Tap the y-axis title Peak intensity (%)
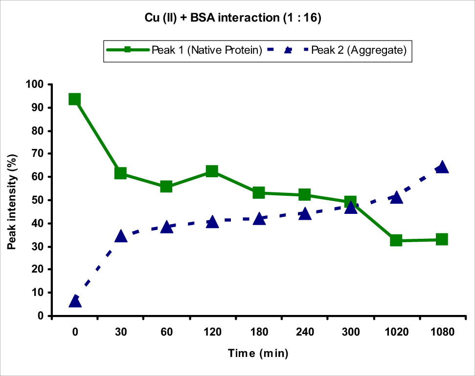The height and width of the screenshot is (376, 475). pyautogui.click(x=11, y=200)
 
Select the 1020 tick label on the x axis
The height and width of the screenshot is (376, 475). pyautogui.click(x=396, y=332)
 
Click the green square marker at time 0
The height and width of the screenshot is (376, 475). pyautogui.click(x=74, y=100)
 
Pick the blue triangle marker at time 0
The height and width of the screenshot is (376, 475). pyautogui.click(x=75, y=301)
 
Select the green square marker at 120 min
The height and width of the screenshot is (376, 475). pyautogui.click(x=212, y=171)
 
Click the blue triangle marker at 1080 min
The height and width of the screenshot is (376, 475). pyautogui.click(x=442, y=167)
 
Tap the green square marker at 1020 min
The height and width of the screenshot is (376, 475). pyautogui.click(x=396, y=240)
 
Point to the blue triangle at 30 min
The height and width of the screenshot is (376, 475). pyautogui.click(x=120, y=236)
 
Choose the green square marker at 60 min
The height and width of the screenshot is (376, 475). pyautogui.click(x=166, y=187)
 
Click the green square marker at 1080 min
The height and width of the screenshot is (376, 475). pyautogui.click(x=442, y=239)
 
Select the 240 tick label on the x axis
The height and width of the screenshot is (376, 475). pyautogui.click(x=304, y=332)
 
